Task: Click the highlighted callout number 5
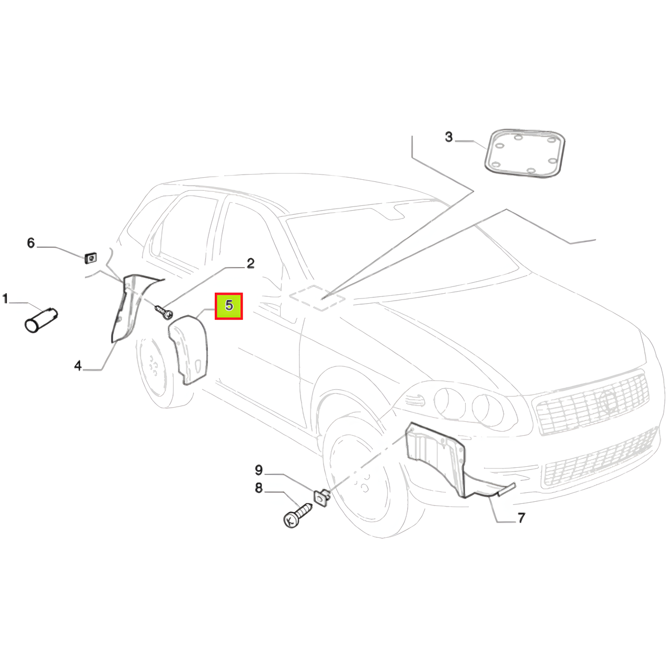pos(229,306)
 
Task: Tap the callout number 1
pos(5,298)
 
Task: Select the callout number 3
pos(449,137)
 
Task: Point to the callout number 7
pos(522,518)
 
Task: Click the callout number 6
pos(31,243)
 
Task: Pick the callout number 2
pos(251,263)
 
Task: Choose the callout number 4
pos(78,365)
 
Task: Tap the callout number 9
pos(259,470)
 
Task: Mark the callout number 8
pos(259,488)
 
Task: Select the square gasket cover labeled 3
pos(524,154)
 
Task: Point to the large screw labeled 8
pos(297,516)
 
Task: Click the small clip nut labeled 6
pos(91,258)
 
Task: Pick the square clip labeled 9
pos(322,497)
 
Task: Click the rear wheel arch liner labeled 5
pos(188,349)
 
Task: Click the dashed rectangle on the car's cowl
pos(317,297)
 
